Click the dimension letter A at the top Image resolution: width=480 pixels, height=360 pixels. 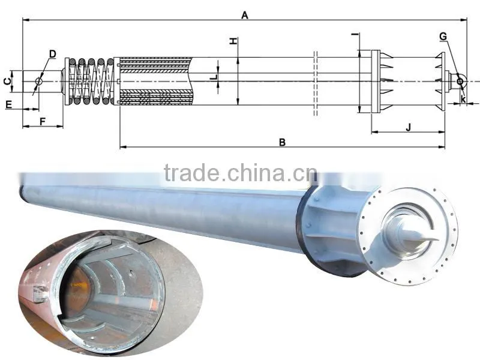pos(245,15)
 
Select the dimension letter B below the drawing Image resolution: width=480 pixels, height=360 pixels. pos(283,142)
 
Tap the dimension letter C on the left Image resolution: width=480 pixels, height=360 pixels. pos(7,81)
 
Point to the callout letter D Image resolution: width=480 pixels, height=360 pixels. pos(53,54)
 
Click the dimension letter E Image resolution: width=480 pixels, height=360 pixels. pos(8,104)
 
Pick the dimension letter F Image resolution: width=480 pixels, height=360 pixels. pos(43,122)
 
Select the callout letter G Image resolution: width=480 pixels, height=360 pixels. pos(443,37)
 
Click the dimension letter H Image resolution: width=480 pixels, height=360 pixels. pos(233,41)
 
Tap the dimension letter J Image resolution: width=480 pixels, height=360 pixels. pos(409,127)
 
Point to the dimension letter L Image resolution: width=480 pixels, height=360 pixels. pos(215,77)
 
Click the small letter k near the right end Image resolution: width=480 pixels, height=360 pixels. pos(463,99)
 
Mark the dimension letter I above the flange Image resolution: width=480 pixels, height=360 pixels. pos(355,35)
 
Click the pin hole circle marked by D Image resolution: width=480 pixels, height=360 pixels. pos(38,81)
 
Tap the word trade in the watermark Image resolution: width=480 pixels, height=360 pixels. pos(191,173)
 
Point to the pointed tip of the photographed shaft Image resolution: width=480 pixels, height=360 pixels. pos(439,239)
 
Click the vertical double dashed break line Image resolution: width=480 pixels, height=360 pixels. pos(316,83)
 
